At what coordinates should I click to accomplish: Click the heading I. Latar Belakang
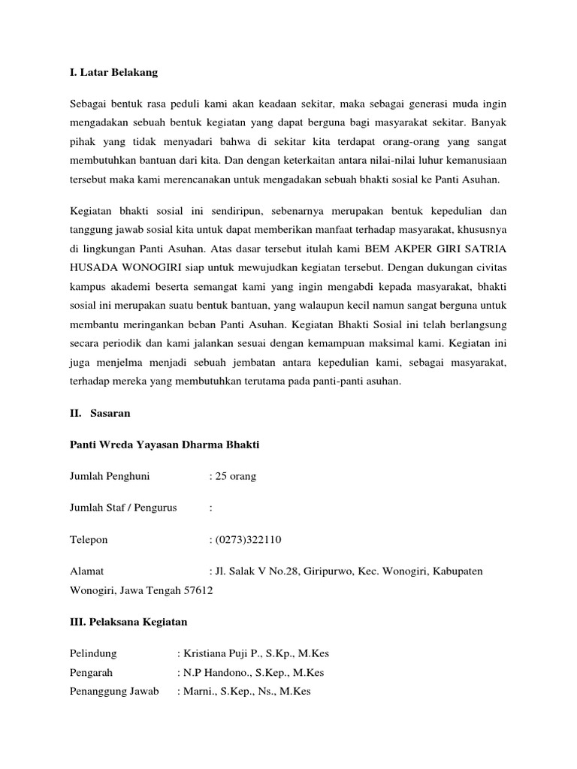click(x=113, y=73)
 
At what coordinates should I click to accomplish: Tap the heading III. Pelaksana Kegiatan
click(x=128, y=622)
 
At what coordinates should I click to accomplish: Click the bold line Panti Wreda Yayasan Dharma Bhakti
click(x=164, y=445)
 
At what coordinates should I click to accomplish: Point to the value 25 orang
click(x=235, y=476)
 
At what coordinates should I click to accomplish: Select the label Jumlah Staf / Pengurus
click(x=123, y=508)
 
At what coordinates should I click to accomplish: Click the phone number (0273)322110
click(x=249, y=539)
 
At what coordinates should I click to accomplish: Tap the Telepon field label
click(x=89, y=539)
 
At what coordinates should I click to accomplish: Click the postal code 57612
click(x=198, y=590)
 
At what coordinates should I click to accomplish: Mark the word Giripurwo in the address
click(x=325, y=571)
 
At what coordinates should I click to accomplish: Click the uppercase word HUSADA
click(x=93, y=266)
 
